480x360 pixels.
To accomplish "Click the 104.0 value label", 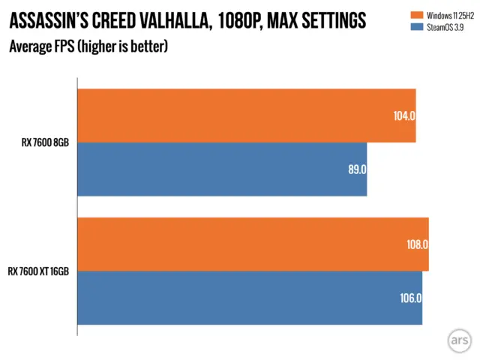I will (403, 115).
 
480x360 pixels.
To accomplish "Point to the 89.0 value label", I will (356, 169).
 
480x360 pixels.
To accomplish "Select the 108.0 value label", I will (416, 244).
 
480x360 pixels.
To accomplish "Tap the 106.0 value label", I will (410, 298).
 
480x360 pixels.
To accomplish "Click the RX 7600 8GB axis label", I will (46, 142).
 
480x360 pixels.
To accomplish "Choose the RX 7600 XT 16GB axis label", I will (38, 271).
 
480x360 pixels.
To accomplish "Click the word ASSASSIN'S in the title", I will (46, 20).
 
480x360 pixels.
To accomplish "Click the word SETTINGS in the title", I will (331, 20).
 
